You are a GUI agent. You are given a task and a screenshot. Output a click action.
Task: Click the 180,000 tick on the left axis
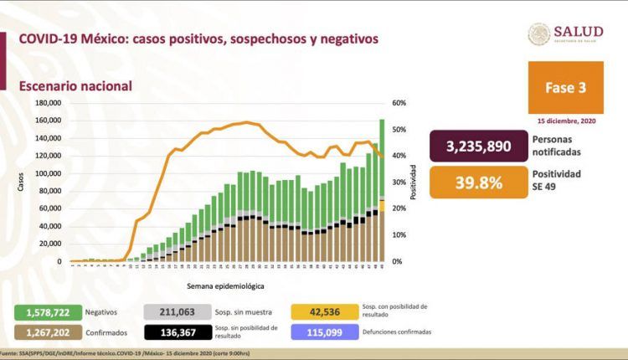[x=49, y=103]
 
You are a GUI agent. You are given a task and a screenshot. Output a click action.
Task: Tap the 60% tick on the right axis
[x=399, y=103]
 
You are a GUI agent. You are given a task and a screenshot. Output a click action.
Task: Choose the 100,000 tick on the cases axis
[x=49, y=173]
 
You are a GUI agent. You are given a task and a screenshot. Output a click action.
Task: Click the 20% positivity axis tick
[x=399, y=208]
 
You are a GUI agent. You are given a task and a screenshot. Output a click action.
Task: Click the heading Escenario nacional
[x=75, y=85]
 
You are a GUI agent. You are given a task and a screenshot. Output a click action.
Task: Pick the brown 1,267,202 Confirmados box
[x=47, y=332]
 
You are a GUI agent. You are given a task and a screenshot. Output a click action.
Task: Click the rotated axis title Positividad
[x=413, y=183]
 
